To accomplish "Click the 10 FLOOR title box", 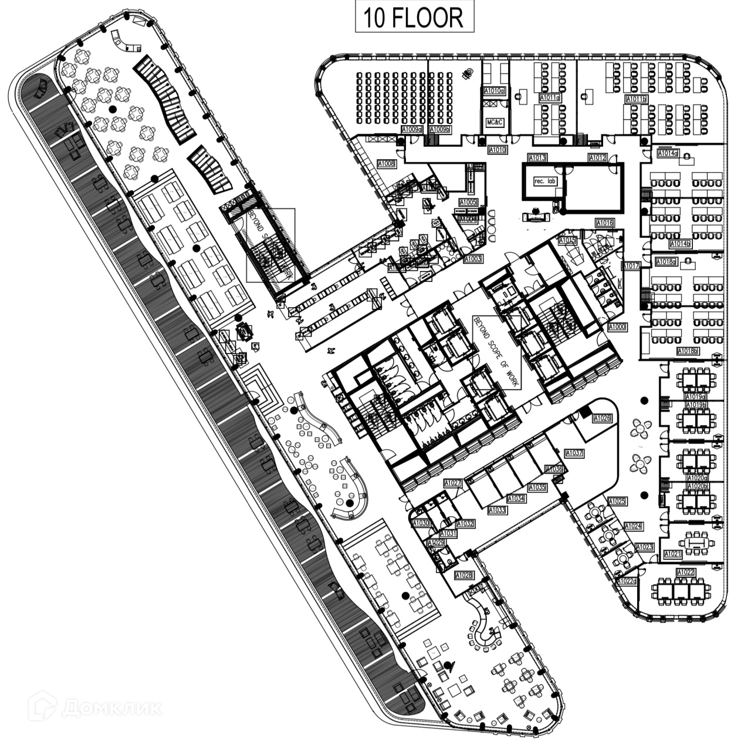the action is (413, 17).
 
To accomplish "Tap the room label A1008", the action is (386, 164).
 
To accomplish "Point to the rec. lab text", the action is (544, 181).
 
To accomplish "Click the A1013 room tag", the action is (537, 158).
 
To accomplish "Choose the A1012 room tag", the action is (598, 158).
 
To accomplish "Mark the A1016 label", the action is (604, 223).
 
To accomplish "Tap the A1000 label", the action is (618, 326).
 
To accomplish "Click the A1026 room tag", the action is (602, 419).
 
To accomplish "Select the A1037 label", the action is (574, 453).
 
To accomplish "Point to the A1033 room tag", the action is (496, 510).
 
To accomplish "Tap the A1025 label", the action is (617, 501).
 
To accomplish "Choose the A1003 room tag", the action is (473, 258).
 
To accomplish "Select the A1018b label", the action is (688, 351).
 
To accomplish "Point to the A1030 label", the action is (421, 523).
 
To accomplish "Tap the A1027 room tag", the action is (453, 483).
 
